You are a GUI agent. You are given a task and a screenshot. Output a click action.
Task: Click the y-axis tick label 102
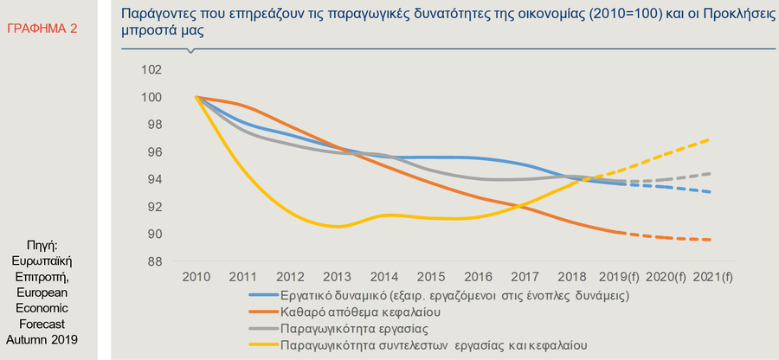(x=150, y=70)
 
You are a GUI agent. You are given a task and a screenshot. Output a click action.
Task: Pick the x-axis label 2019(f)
(x=620, y=278)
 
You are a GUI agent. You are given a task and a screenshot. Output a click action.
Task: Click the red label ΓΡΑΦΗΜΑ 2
(x=42, y=29)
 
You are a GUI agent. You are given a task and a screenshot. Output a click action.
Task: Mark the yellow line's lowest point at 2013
(x=338, y=227)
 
